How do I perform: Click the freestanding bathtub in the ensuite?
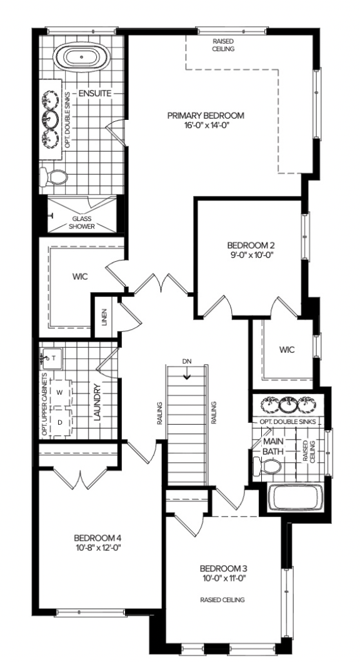[x=81, y=57]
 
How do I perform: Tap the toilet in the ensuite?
[x=53, y=177]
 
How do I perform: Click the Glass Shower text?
[x=82, y=222]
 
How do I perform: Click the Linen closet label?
[x=104, y=317]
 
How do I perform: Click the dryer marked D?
[x=61, y=422]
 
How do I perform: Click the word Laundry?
[x=97, y=402]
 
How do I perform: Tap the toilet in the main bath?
[x=267, y=467]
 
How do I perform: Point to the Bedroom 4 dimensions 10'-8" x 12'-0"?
[x=97, y=548]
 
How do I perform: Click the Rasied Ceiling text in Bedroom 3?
[x=222, y=600]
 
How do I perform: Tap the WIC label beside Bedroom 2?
[x=287, y=350]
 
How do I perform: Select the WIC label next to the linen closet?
[x=80, y=277]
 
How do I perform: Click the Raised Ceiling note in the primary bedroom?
[x=224, y=45]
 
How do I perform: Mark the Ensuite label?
[x=94, y=93]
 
